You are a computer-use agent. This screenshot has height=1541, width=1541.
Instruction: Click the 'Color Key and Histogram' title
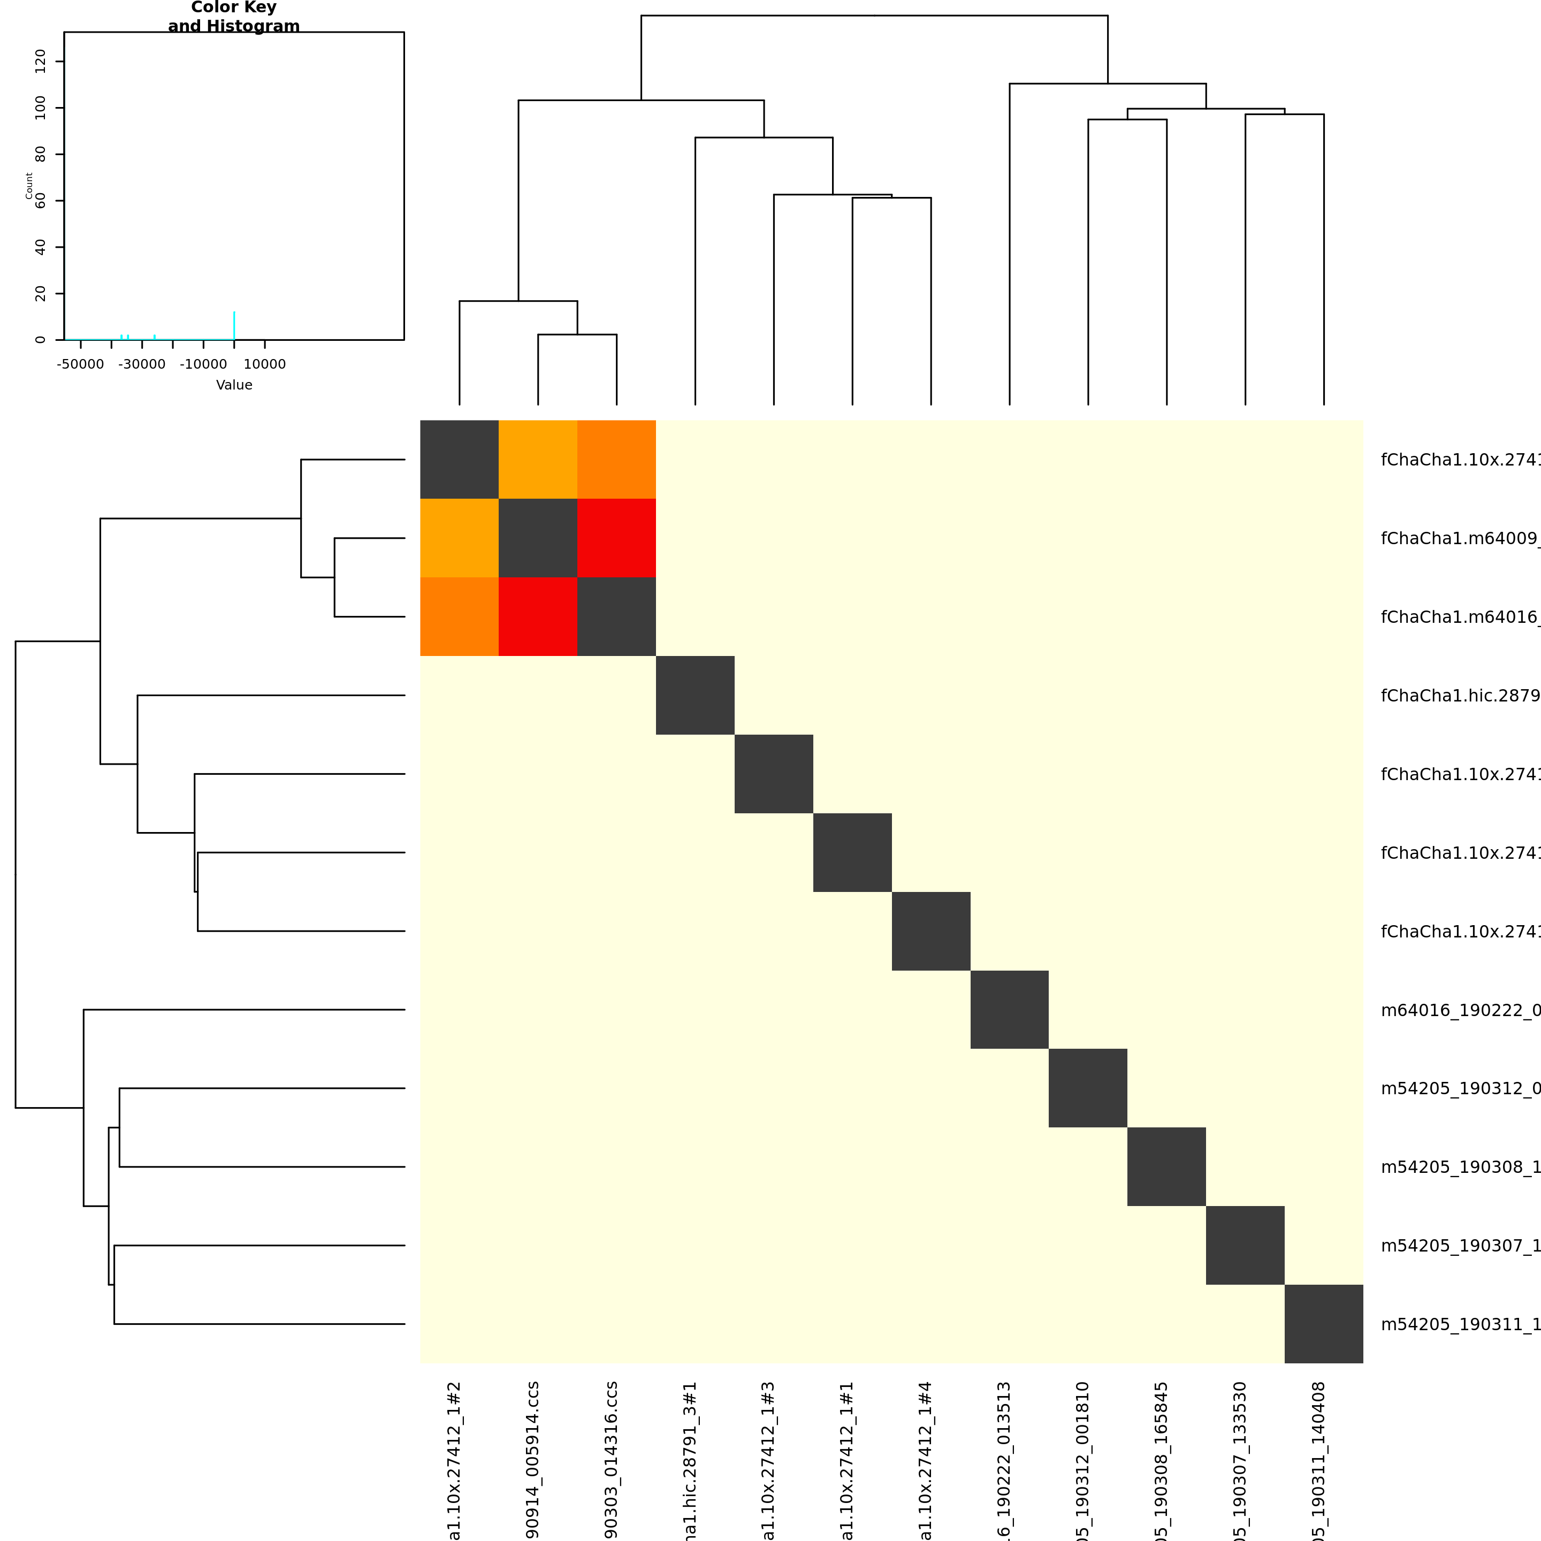click(234, 17)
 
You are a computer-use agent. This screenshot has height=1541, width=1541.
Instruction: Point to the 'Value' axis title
click(234, 385)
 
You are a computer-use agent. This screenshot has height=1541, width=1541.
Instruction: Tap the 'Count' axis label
click(29, 186)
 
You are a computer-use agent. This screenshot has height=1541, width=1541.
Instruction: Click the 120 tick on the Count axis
click(41, 62)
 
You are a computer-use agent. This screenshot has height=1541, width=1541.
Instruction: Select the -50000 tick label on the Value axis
click(81, 364)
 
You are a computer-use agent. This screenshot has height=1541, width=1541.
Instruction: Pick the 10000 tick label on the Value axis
click(265, 364)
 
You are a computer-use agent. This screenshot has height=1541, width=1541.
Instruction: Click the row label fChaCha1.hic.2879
click(1460, 696)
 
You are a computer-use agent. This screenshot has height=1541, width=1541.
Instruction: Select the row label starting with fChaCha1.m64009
click(1460, 538)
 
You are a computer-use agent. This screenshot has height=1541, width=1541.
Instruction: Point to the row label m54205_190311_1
click(1460, 1325)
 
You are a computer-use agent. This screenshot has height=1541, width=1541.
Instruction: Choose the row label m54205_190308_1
click(1460, 1168)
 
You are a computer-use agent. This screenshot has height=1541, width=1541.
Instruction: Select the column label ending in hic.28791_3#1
click(690, 1460)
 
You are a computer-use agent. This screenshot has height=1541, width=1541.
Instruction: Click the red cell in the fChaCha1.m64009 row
click(616, 538)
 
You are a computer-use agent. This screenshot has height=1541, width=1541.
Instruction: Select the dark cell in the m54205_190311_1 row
click(1324, 1324)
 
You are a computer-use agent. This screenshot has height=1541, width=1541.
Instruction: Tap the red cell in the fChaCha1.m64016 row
click(538, 616)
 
